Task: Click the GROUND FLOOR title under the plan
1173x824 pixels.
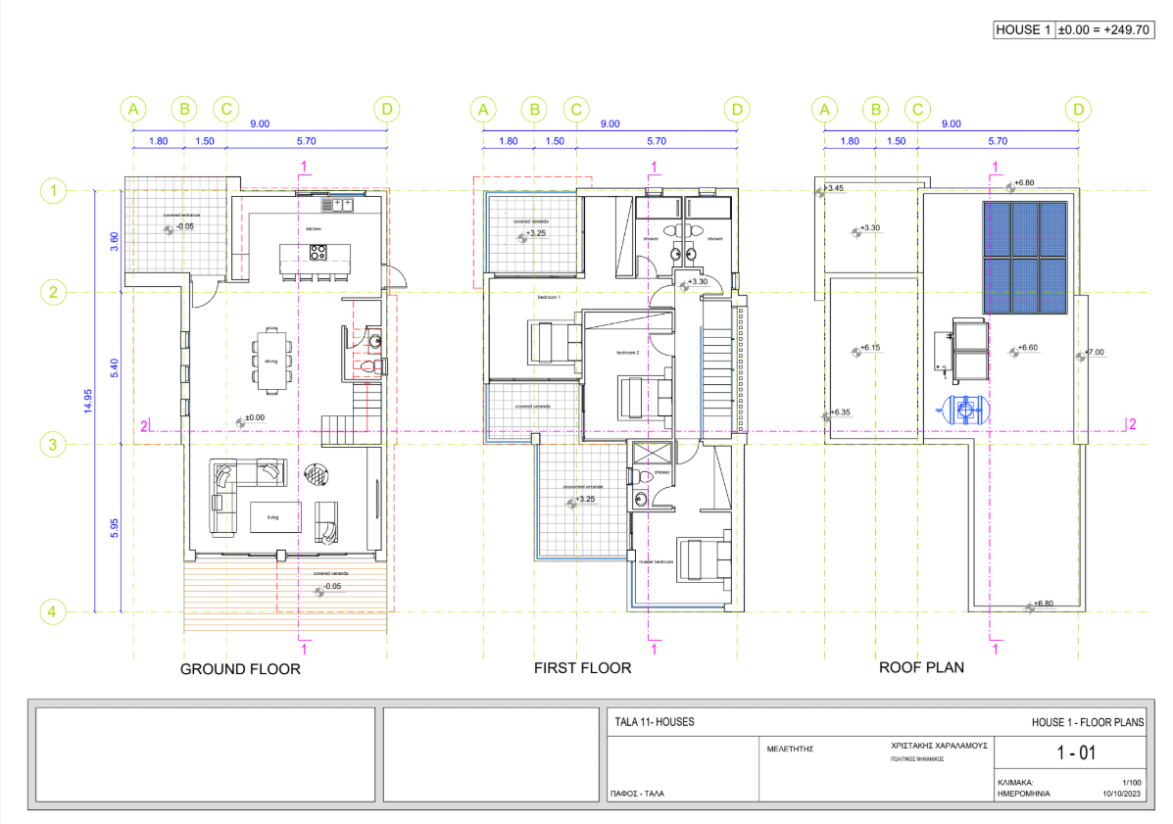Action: pos(239,669)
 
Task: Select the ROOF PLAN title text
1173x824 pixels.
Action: pos(920,667)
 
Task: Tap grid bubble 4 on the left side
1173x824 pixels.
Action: pos(53,611)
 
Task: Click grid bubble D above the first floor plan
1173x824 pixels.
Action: pos(737,110)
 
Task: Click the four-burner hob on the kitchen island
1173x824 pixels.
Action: pos(318,253)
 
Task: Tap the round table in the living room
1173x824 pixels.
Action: pos(317,474)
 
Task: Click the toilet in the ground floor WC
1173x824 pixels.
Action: pos(367,366)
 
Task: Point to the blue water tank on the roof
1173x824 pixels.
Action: pos(961,409)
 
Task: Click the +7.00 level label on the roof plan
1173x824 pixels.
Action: pos(1094,352)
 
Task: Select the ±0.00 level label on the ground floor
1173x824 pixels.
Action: pos(254,418)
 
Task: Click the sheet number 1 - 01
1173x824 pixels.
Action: pos(1073,753)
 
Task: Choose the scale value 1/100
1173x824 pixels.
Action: pos(1131,783)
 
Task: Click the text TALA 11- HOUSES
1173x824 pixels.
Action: pos(654,721)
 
